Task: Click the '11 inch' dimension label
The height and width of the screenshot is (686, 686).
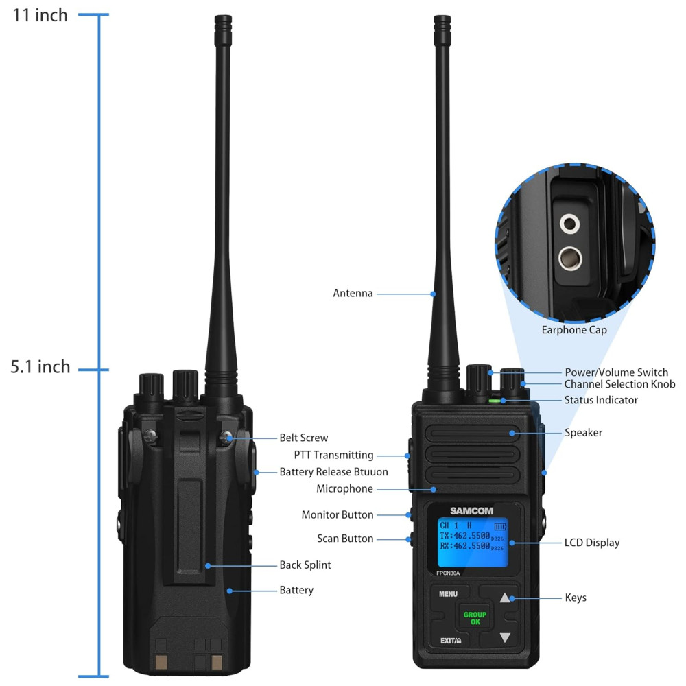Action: [40, 15]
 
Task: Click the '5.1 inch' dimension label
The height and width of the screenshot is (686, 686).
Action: [40, 366]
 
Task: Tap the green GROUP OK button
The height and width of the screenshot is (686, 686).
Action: [475, 618]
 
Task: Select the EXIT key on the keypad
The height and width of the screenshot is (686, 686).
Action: [450, 641]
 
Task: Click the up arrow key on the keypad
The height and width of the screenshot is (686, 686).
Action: [505, 598]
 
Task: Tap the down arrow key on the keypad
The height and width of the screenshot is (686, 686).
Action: [505, 637]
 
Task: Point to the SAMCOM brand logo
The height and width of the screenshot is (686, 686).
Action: [472, 511]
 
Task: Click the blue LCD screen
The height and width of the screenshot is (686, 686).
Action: [473, 543]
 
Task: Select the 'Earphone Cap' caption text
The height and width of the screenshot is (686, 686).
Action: [574, 330]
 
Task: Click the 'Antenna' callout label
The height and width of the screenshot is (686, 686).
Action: [353, 293]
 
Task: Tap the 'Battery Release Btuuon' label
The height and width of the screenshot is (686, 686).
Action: [334, 472]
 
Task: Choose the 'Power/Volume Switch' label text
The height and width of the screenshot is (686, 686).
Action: [617, 372]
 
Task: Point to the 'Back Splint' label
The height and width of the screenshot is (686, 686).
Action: [305, 565]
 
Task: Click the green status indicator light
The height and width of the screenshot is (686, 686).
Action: [495, 401]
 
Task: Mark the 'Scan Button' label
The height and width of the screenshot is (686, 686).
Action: [345, 539]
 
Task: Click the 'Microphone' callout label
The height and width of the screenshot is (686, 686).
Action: [345, 488]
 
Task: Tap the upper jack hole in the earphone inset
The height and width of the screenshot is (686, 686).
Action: [569, 224]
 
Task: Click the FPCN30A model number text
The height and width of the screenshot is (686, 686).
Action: [448, 573]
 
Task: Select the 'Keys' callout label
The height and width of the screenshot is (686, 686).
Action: [576, 598]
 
